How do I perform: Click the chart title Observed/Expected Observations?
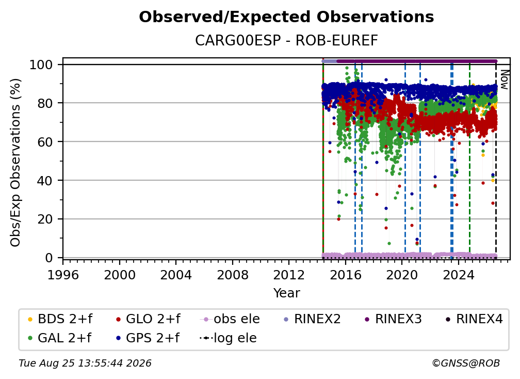click(286, 17)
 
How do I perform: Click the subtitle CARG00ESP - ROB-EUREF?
click(286, 41)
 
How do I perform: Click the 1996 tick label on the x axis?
click(63, 275)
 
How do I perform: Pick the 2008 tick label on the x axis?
click(233, 275)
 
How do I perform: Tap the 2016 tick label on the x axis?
click(345, 275)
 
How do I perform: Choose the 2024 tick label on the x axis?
click(458, 275)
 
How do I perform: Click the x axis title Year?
click(286, 293)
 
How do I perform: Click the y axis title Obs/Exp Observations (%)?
click(15, 163)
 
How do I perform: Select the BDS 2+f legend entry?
click(60, 319)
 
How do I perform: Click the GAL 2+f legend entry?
click(59, 338)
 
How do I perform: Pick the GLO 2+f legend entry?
click(148, 319)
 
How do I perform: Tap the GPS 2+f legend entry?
click(148, 338)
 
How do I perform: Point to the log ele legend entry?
click(229, 338)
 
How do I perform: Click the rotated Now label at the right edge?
click(505, 80)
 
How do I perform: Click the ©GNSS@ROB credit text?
click(466, 364)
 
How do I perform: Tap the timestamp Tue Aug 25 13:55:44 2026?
click(85, 364)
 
